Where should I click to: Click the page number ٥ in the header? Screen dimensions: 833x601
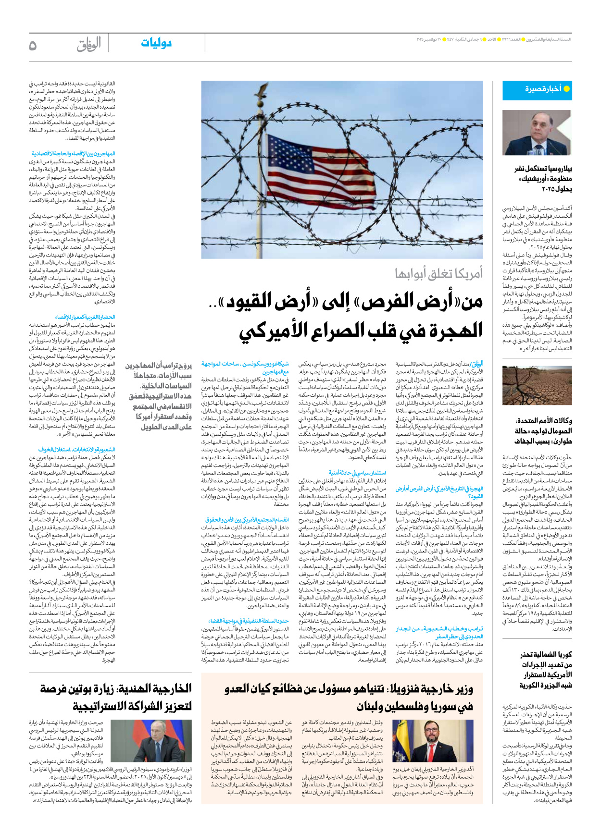coord(33,45)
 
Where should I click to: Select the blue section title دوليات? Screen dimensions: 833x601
coord(156,43)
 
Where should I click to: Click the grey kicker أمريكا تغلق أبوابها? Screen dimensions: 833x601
coord(438,273)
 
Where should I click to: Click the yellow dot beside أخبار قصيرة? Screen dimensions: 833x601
coord(566,89)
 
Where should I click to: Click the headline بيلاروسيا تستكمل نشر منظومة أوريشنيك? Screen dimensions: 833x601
coord(543,178)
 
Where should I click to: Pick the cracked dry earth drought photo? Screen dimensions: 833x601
coord(537,385)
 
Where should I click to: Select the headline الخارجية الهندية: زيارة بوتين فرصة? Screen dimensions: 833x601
coord(115,697)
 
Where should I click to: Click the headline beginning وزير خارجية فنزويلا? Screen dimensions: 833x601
coord(349,697)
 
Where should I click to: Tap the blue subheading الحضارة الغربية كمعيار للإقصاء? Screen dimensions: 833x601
coord(85,317)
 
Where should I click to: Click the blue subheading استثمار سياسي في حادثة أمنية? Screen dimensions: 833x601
coord(357,473)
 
